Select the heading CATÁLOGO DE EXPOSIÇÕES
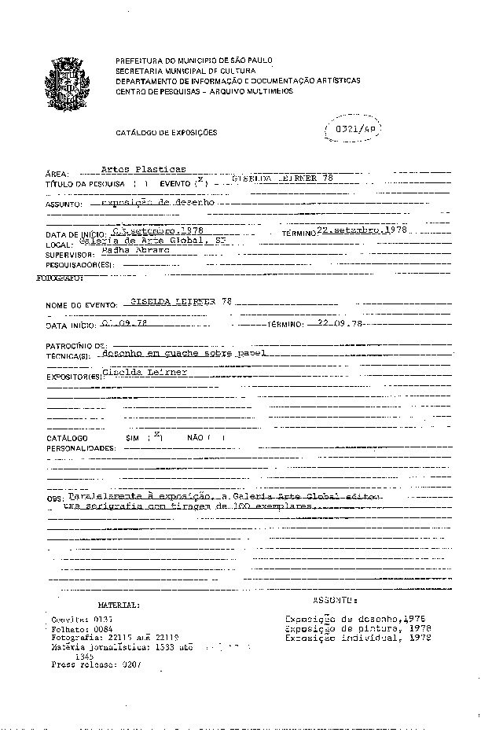point(167,133)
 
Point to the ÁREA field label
point(58,174)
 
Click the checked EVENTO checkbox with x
point(201,182)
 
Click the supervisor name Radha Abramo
point(130,252)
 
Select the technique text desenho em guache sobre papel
point(184,354)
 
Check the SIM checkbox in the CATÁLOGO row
point(157,436)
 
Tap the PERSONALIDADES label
point(81,447)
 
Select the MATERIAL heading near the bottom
point(119,605)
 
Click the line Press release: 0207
point(95,664)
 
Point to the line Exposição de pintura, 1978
point(358,628)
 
